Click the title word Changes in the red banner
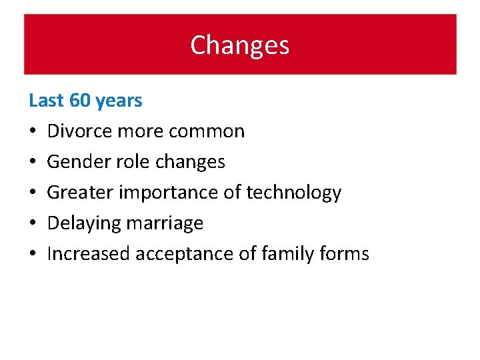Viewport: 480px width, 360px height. [x=239, y=45]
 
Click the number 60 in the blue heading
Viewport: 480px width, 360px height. [x=79, y=101]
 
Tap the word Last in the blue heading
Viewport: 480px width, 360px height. [x=46, y=101]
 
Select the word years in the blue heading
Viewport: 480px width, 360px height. [x=119, y=101]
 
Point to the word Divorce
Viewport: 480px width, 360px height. [x=80, y=131]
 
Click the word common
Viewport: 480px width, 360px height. [x=207, y=131]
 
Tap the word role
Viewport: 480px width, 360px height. [x=131, y=162]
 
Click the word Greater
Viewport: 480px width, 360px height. [x=80, y=193]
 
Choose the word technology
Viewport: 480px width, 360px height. [x=293, y=193]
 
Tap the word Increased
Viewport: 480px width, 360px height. [x=89, y=254]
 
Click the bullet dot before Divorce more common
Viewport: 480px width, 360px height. [x=33, y=132]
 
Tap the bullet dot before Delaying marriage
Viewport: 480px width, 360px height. [x=33, y=224]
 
